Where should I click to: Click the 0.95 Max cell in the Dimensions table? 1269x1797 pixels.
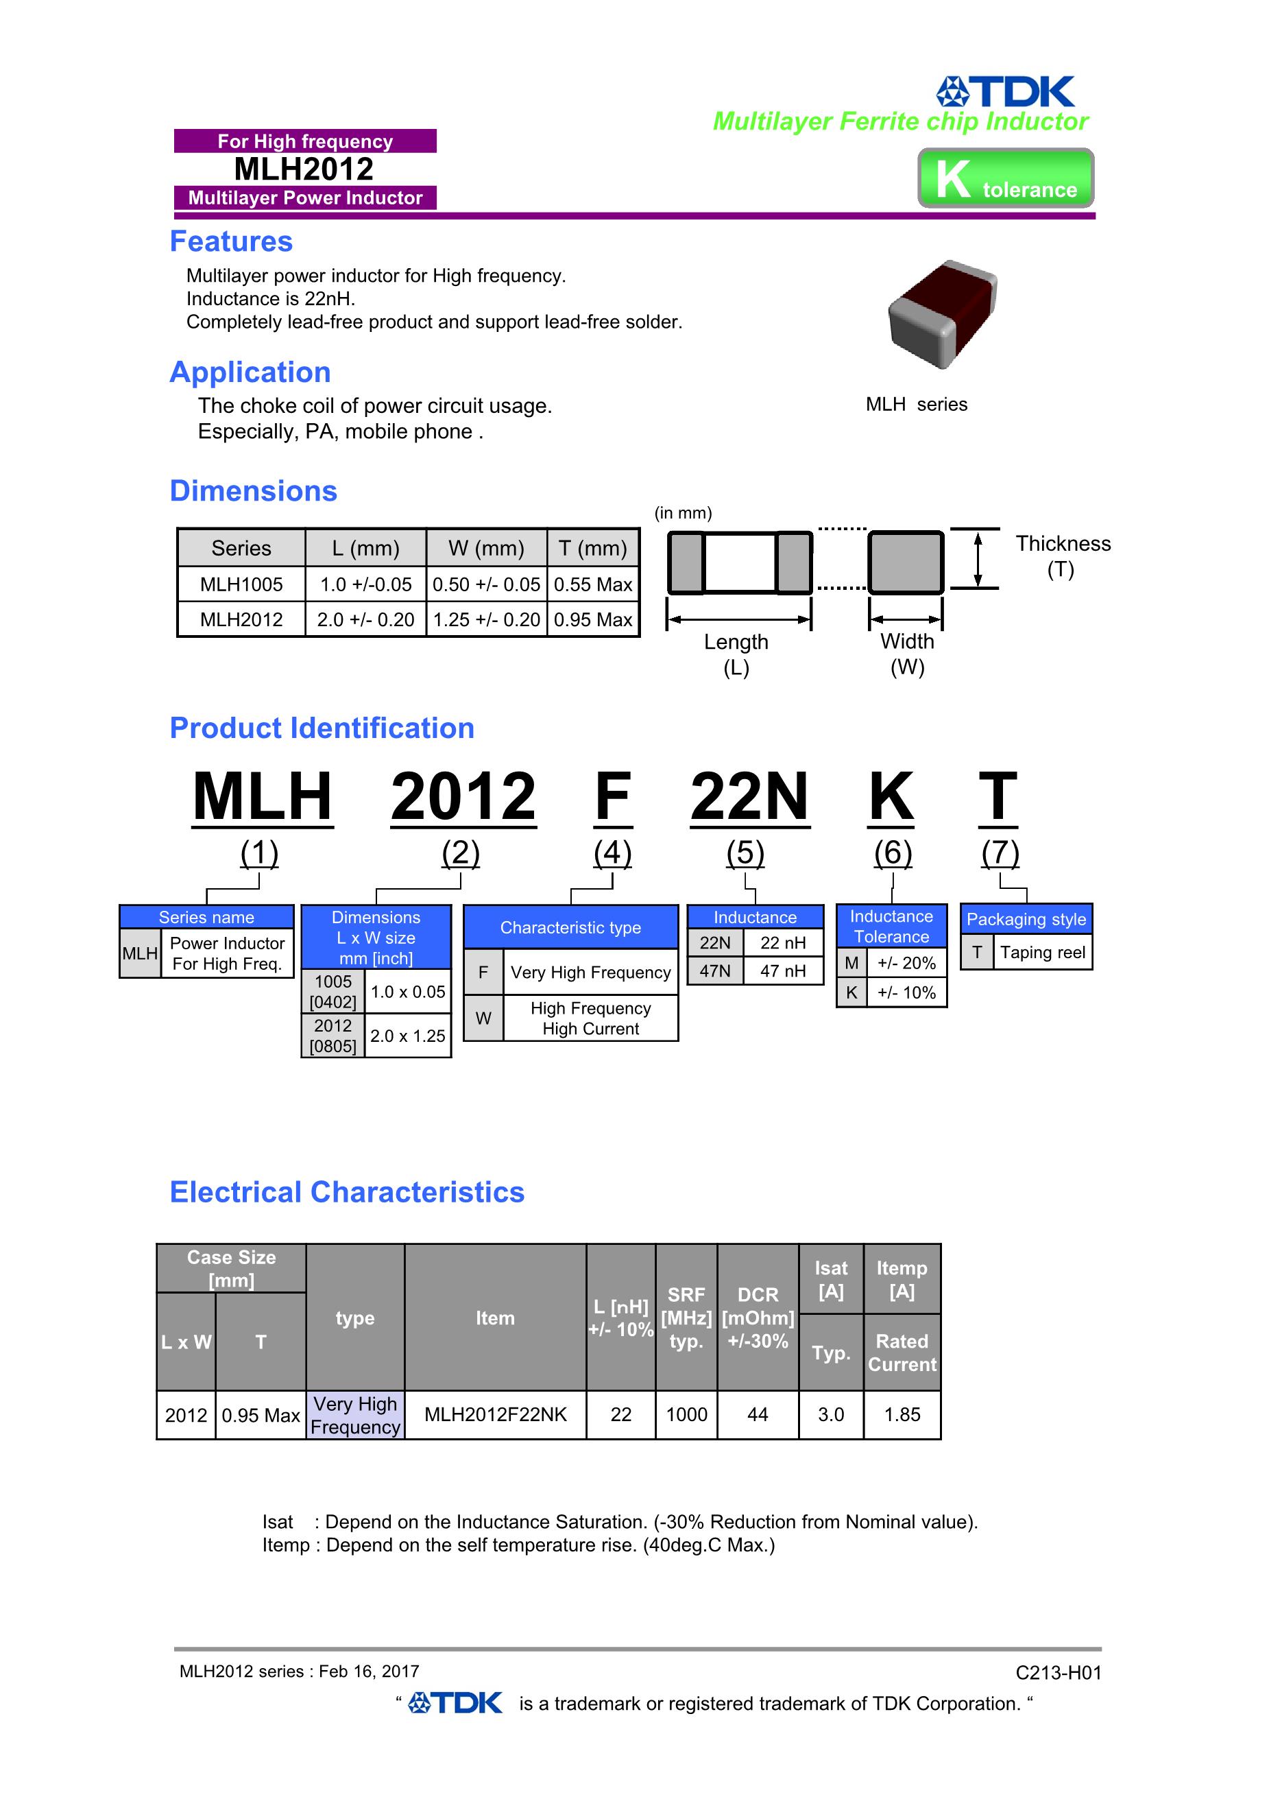click(593, 620)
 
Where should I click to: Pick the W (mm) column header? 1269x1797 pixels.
click(486, 548)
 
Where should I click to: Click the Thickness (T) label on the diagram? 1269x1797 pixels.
click(1063, 556)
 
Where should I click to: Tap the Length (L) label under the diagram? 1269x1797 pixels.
click(736, 654)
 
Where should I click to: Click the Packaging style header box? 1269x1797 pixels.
click(1026, 919)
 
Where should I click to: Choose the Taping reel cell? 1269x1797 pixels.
click(1042, 953)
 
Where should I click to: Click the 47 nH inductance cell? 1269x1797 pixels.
click(782, 971)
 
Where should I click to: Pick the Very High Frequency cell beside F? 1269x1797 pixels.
click(591, 972)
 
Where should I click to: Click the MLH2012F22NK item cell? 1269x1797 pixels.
click(495, 1414)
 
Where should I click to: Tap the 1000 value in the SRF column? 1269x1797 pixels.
click(686, 1414)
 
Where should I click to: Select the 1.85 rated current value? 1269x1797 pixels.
click(902, 1414)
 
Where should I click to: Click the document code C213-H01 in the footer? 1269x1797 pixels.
click(1059, 1673)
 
